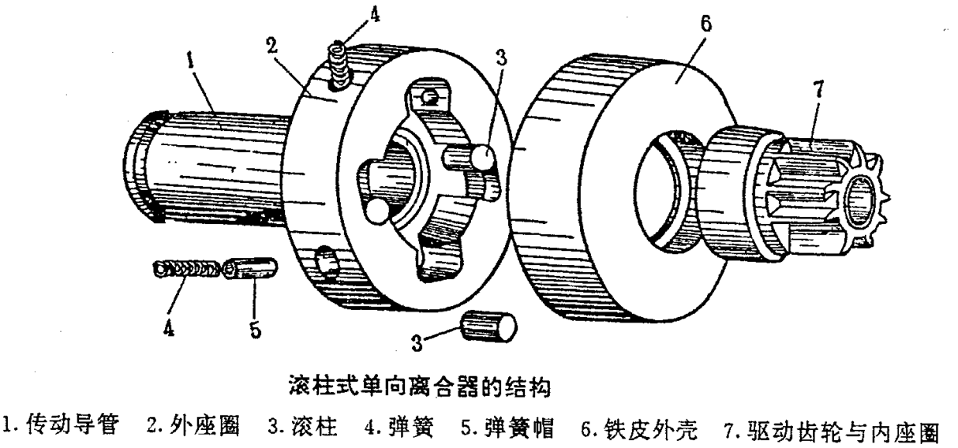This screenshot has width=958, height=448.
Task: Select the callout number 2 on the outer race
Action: click(273, 44)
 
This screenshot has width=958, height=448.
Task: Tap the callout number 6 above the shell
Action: click(705, 22)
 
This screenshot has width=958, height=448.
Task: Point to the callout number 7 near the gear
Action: click(818, 89)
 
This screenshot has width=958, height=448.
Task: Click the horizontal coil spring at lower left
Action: click(185, 270)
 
